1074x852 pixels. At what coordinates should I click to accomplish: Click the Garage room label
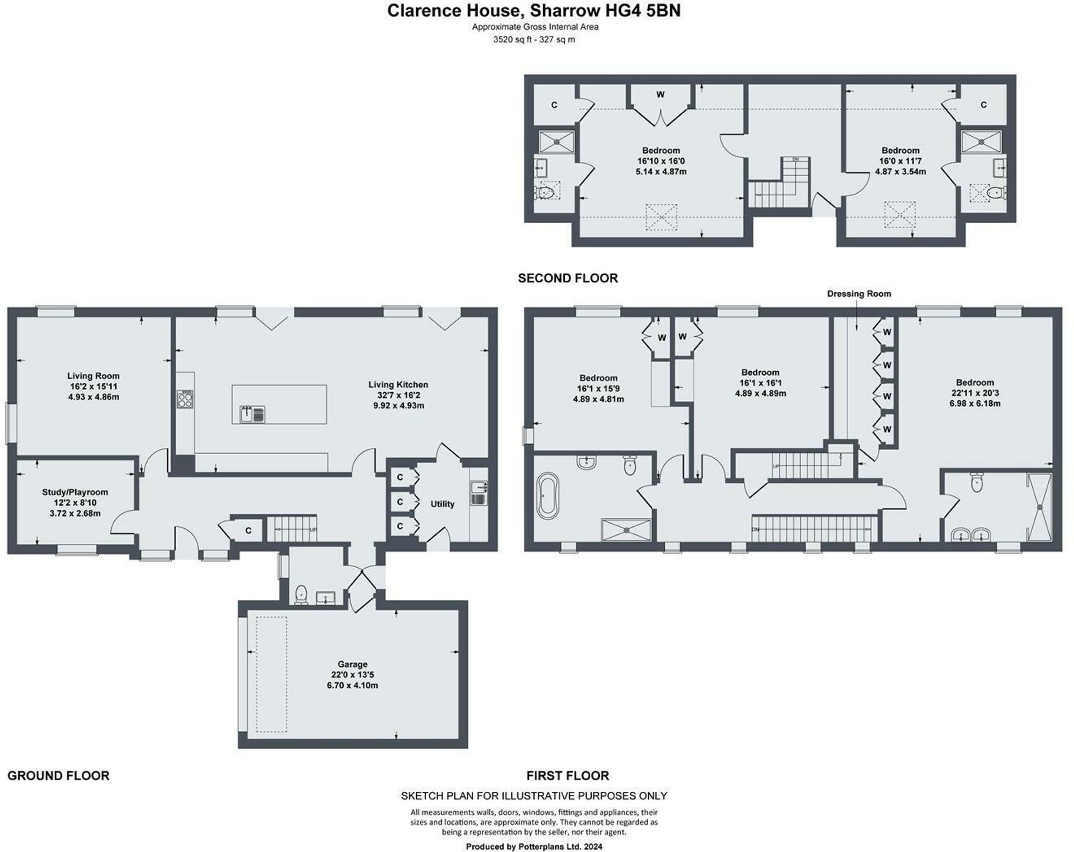coord(352,664)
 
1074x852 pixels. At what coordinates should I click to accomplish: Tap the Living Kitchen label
coord(398,385)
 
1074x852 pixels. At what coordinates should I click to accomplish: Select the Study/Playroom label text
coord(75,492)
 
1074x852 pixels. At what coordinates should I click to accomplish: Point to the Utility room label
coord(442,504)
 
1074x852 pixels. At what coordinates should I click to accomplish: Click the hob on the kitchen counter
coord(185,399)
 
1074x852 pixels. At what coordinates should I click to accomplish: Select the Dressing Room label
coord(859,294)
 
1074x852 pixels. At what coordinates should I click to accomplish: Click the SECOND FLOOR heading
coord(568,278)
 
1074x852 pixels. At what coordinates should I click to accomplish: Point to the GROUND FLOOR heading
coord(59,775)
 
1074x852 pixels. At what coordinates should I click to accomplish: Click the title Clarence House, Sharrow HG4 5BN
coord(534,11)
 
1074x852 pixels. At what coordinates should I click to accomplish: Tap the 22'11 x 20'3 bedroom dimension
coord(975,393)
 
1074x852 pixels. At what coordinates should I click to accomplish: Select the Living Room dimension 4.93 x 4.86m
coord(93,397)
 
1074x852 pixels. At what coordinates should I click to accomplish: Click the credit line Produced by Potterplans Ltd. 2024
coord(534,847)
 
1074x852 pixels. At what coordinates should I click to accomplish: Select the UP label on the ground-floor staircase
coord(314,530)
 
